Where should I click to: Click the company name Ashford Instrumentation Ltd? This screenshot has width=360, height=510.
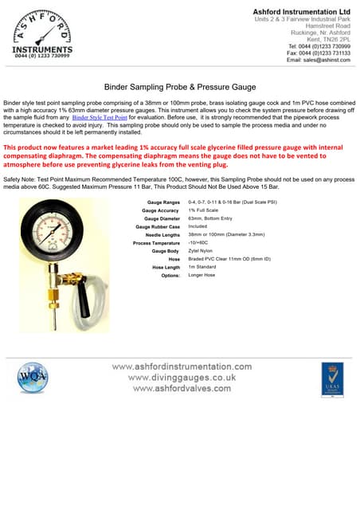point(301,12)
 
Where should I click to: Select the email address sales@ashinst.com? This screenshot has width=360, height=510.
point(318,60)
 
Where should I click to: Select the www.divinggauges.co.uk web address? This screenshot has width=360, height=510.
point(182,377)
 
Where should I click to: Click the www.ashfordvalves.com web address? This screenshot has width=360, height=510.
point(182,388)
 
